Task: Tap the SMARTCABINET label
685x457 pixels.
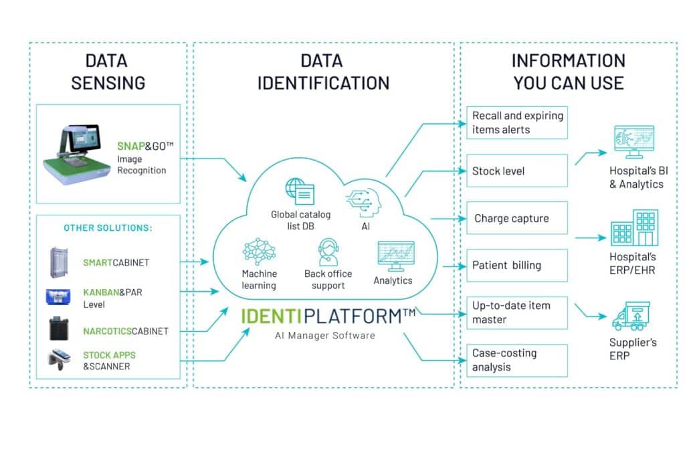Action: [x=116, y=263]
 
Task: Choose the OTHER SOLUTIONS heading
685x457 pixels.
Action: [x=108, y=228]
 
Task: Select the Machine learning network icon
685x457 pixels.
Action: [x=258, y=253]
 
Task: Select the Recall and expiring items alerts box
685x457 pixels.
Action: [x=516, y=122]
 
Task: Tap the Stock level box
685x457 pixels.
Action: [x=516, y=171]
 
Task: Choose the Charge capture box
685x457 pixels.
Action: [x=516, y=218]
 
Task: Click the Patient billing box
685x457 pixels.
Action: [x=516, y=266]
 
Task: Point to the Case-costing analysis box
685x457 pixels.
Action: [x=516, y=360]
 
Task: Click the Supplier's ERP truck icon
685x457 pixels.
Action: [x=631, y=316]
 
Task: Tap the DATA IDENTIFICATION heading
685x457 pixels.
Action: [x=323, y=72]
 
